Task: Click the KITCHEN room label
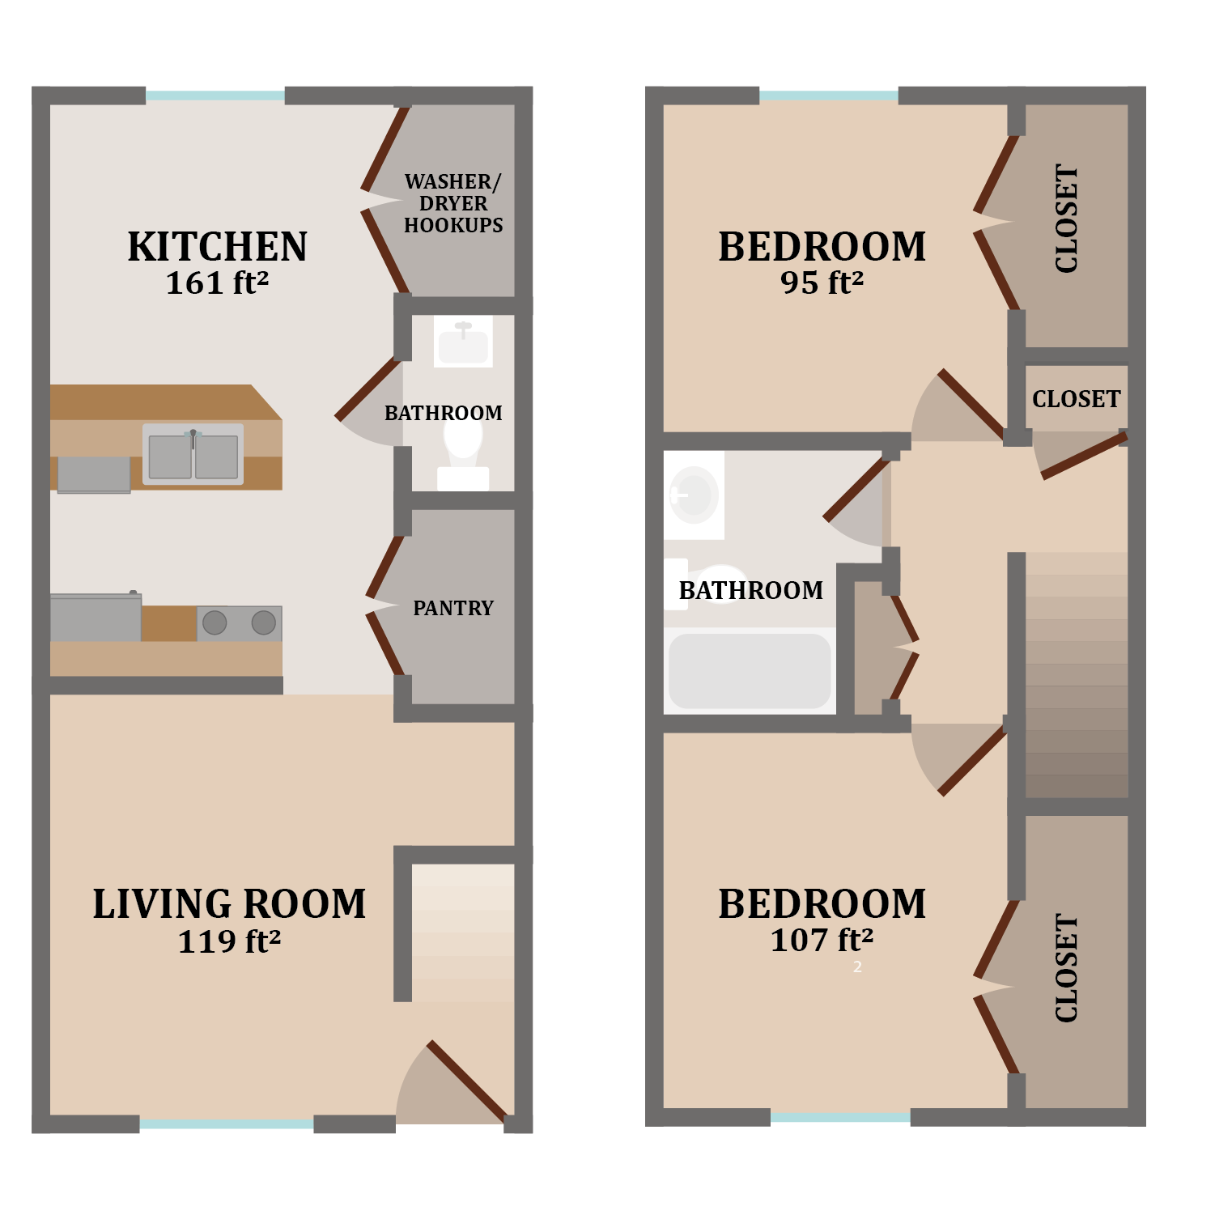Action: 217,247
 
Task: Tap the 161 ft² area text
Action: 217,283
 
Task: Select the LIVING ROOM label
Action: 229,904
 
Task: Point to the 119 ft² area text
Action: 229,941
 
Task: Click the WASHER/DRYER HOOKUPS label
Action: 453,203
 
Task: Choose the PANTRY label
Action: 453,608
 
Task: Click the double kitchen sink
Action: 193,455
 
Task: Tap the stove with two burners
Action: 240,622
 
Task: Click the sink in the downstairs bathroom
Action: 463,342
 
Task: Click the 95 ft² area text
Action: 822,283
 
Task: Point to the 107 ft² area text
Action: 822,940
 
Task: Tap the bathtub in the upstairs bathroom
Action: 750,671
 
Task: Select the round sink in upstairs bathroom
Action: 694,494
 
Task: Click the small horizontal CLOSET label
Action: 1076,399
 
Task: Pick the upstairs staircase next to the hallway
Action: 1077,676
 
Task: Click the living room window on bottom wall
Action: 227,1124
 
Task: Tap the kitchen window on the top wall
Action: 215,96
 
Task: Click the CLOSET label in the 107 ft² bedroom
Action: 1067,968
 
